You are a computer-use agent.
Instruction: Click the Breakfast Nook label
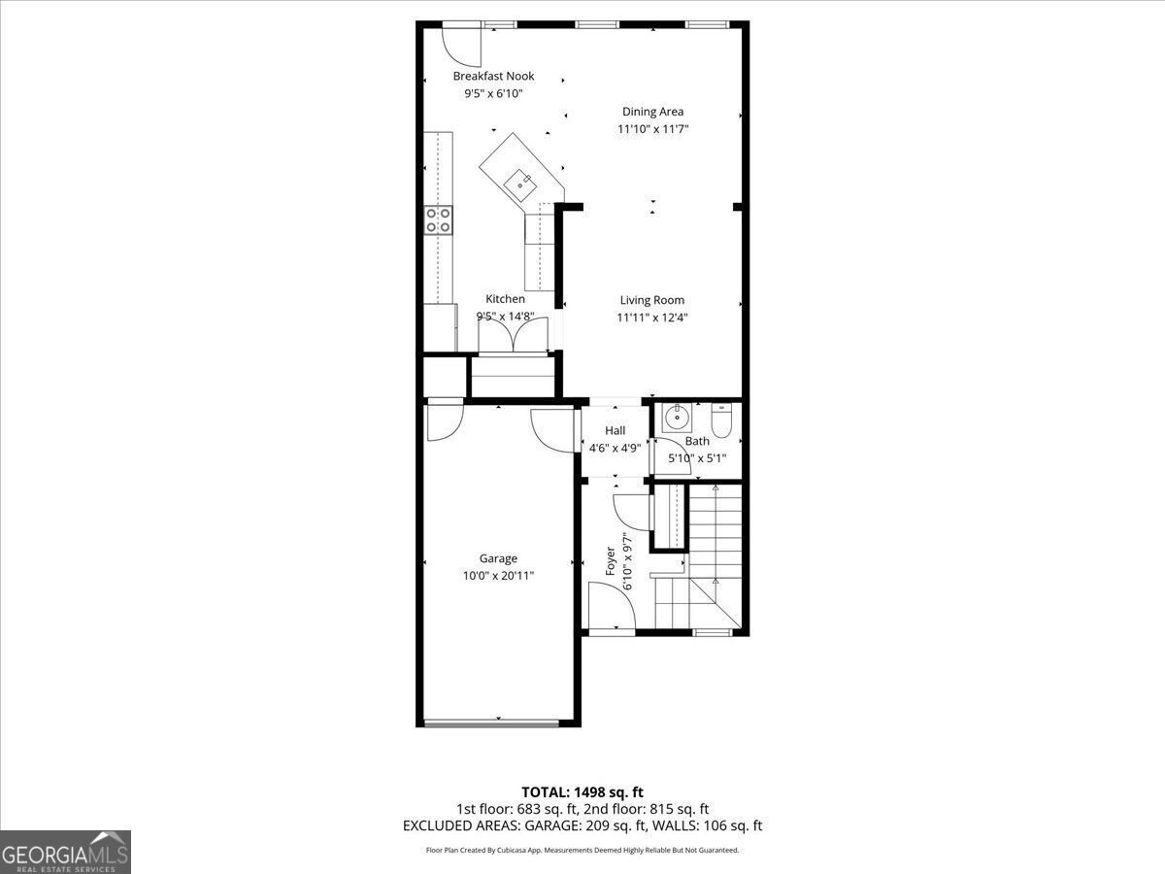[x=493, y=76]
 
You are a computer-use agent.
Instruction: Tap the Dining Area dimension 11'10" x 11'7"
[x=652, y=129]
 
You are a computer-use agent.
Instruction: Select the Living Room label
[x=651, y=300]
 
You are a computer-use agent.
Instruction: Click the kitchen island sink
[x=519, y=179]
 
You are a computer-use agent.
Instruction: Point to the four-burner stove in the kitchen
[x=439, y=220]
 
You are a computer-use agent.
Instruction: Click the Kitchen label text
[x=505, y=299]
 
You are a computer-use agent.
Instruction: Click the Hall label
[x=615, y=430]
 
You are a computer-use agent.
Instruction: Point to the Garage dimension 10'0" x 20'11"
[x=498, y=576]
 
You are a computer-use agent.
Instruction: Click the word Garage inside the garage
[x=498, y=558]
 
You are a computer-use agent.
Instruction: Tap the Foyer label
[x=611, y=561]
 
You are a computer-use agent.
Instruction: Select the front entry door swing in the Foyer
[x=612, y=607]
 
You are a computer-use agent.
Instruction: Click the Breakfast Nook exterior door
[x=460, y=41]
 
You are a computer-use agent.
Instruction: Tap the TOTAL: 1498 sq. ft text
[x=582, y=792]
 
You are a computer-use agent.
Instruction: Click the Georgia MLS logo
[x=65, y=852]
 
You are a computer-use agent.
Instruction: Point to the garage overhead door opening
[x=492, y=722]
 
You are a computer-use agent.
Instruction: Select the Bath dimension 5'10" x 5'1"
[x=696, y=458]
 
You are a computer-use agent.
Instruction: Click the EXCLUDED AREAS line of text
[x=582, y=825]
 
